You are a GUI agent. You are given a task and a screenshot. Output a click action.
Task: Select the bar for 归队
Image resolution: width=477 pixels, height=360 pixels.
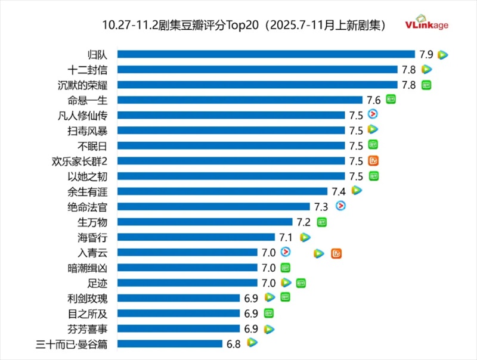[265, 54]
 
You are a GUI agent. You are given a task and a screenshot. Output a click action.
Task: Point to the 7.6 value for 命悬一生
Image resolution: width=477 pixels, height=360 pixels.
[374, 100]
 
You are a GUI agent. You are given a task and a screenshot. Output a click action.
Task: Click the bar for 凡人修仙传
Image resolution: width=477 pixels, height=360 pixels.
[231, 115]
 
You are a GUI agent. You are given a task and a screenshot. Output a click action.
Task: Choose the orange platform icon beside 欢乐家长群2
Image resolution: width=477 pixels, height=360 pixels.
[374, 160]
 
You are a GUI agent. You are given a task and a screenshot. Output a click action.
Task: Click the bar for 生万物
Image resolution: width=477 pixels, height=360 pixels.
[205, 222]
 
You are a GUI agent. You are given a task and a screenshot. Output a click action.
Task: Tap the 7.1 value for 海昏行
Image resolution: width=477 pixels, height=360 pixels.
[287, 237]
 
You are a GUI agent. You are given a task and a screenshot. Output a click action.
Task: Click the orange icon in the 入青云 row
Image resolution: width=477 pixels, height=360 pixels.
[336, 253]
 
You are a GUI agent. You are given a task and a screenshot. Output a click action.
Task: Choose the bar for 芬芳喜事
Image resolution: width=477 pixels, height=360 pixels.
[178, 328]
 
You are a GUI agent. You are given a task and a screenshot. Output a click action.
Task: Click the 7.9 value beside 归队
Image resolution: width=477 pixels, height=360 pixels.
[426, 54]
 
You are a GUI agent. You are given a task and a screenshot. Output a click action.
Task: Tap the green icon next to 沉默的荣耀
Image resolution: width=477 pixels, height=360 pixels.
[426, 85]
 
